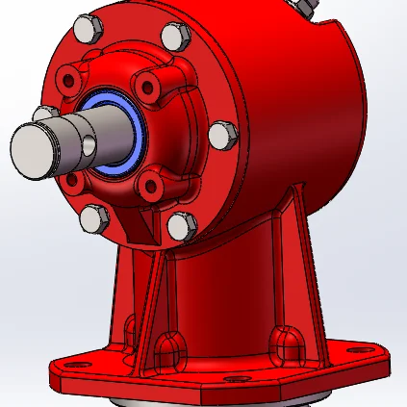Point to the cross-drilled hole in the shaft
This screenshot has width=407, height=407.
point(89,144)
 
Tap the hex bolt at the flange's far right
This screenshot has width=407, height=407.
point(220,135)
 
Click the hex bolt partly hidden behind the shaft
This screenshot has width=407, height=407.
point(43,114)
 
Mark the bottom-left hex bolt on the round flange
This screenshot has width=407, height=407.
point(92,219)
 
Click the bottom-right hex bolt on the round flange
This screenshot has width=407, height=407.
point(178,225)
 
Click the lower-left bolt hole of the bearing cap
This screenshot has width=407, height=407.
point(75,180)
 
